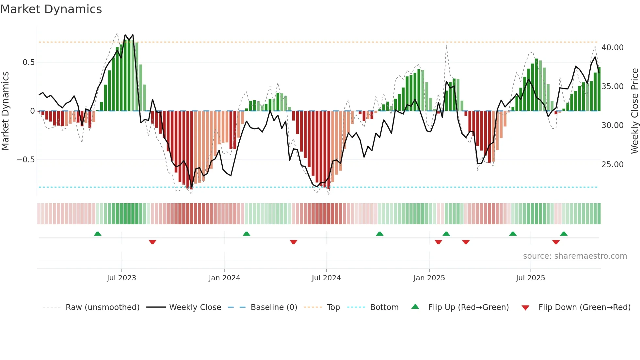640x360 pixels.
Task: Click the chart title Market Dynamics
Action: pyautogui.click(x=51, y=9)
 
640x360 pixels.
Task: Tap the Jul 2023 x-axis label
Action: pyautogui.click(x=121, y=278)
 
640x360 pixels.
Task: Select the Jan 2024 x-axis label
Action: pyautogui.click(x=224, y=278)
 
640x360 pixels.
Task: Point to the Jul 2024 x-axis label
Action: pyautogui.click(x=326, y=278)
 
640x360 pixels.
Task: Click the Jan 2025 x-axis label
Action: pyautogui.click(x=429, y=278)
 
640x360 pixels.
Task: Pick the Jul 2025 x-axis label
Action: pyautogui.click(x=531, y=278)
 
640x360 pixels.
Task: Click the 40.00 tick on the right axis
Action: pyautogui.click(x=612, y=48)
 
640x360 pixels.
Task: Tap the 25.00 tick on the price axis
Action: pyautogui.click(x=612, y=165)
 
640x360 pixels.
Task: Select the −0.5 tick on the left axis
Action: pyautogui.click(x=25, y=160)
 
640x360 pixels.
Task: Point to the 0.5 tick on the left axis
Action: pyautogui.click(x=28, y=62)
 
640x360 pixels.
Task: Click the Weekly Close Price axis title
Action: pyautogui.click(x=634, y=111)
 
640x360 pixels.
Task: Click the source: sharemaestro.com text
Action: pyautogui.click(x=575, y=256)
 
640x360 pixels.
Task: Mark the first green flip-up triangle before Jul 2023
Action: pyautogui.click(x=98, y=234)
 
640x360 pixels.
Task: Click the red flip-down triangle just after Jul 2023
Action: pyautogui.click(x=152, y=242)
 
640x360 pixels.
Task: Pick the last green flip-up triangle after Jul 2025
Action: pyautogui.click(x=564, y=234)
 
